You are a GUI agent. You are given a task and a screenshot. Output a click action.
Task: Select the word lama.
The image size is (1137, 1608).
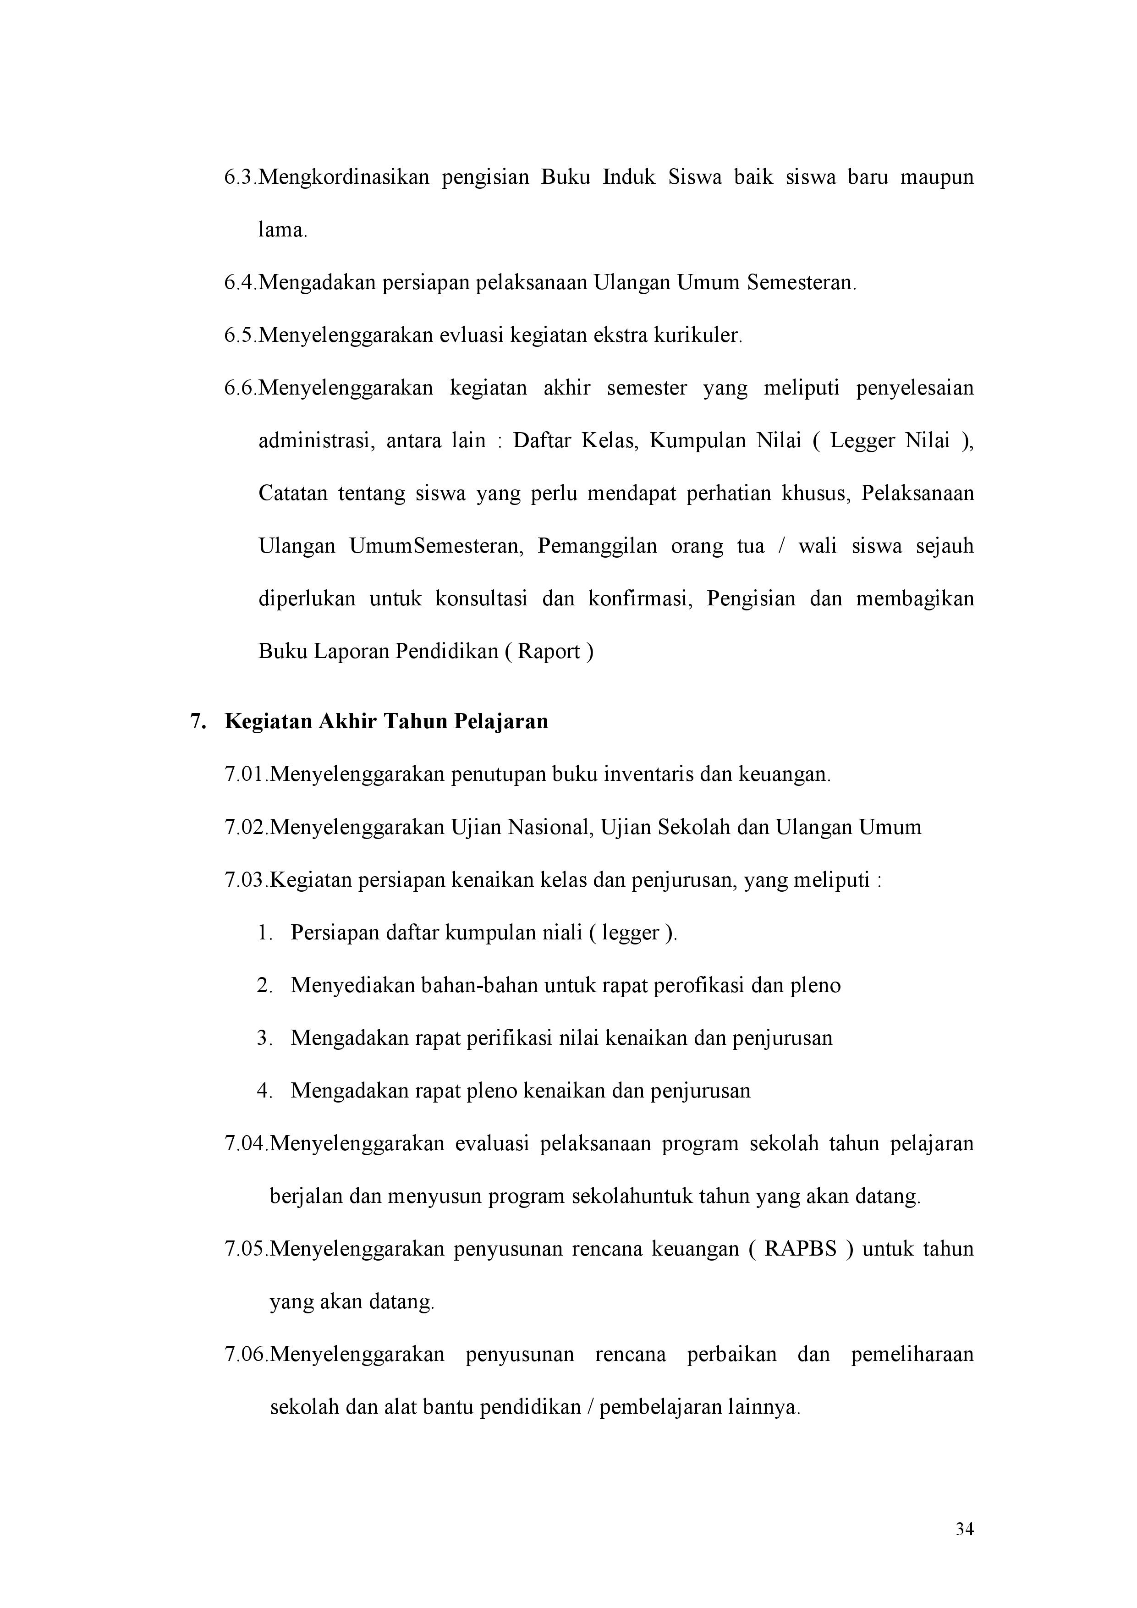click(282, 230)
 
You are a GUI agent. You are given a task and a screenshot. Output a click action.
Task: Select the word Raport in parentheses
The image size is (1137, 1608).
click(549, 652)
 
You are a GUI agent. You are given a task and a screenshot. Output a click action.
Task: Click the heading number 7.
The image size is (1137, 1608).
click(197, 721)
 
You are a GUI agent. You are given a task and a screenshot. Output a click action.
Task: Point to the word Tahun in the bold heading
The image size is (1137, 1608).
click(416, 721)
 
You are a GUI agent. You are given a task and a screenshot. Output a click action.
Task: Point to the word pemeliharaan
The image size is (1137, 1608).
click(912, 1355)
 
